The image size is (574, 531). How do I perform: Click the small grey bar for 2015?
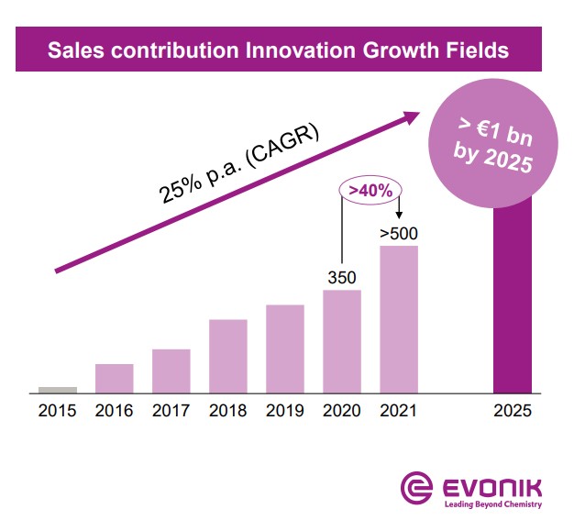(x=58, y=390)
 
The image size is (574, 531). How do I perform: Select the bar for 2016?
(x=115, y=379)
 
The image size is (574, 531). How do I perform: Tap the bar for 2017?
(x=171, y=371)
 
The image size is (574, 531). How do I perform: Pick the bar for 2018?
(x=228, y=356)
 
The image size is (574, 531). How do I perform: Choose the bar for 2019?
(x=285, y=348)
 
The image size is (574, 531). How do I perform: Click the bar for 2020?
(x=342, y=341)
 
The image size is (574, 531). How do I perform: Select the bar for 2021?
(x=399, y=319)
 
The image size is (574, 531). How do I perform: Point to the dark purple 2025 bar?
(x=513, y=303)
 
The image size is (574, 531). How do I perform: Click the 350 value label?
(x=342, y=276)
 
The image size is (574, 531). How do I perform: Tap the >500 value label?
(x=399, y=232)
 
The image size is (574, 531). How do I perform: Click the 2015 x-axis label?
(x=58, y=410)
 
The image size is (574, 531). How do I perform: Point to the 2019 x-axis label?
(x=285, y=410)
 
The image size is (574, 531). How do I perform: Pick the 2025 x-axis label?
(x=513, y=410)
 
